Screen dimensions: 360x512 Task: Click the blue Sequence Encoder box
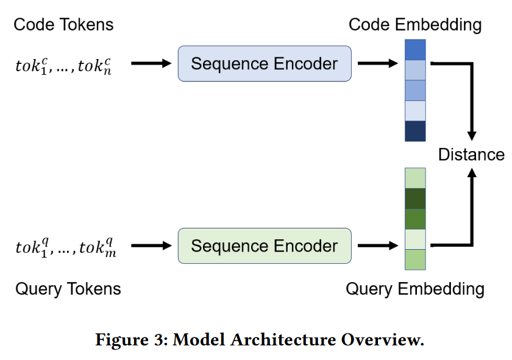(x=265, y=63)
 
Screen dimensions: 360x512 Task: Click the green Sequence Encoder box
(x=265, y=246)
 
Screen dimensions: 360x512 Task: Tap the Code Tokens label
(x=63, y=25)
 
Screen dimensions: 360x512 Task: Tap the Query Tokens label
(x=68, y=288)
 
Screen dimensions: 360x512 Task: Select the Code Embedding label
(x=415, y=25)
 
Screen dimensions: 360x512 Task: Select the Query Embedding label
(x=415, y=288)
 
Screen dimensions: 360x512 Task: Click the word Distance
(x=471, y=154)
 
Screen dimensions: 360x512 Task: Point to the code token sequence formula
(x=63, y=65)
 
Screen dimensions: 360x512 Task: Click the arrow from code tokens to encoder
(x=152, y=63)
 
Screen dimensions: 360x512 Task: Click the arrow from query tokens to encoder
(x=152, y=246)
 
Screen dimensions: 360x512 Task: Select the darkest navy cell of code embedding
(x=415, y=131)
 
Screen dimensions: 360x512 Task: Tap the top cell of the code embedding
(x=415, y=49)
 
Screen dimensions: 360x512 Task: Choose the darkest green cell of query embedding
(x=415, y=199)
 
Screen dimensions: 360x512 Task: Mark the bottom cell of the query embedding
(x=415, y=259)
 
